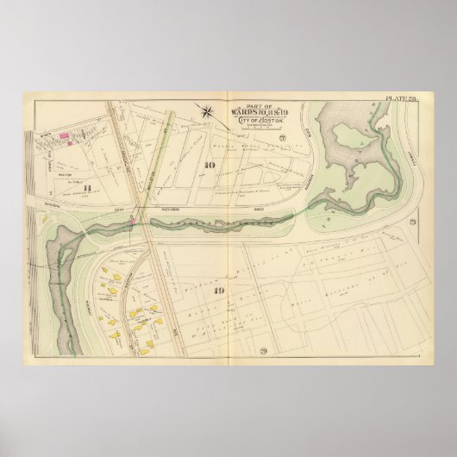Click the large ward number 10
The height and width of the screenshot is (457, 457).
(x=208, y=166)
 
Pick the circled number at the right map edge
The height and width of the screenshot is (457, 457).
(x=412, y=225)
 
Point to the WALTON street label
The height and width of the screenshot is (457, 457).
(x=61, y=157)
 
